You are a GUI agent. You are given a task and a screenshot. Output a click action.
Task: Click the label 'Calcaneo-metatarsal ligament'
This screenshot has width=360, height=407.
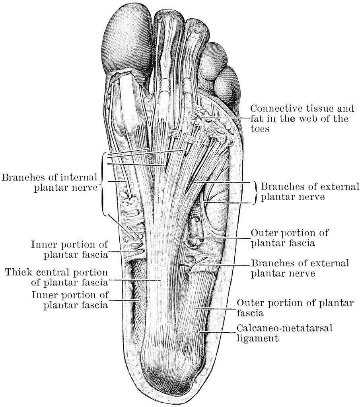click(x=284, y=333)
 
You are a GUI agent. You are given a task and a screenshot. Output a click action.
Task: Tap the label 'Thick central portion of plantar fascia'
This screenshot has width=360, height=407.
click(x=56, y=277)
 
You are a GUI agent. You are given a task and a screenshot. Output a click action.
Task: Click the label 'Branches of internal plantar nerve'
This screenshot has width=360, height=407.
click(x=49, y=182)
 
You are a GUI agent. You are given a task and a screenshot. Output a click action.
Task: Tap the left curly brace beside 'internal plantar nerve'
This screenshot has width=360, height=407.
click(x=104, y=184)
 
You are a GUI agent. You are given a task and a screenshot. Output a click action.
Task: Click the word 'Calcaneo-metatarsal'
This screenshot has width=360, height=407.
click(x=284, y=328)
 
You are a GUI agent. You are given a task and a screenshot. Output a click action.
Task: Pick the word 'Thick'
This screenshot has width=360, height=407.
click(x=17, y=272)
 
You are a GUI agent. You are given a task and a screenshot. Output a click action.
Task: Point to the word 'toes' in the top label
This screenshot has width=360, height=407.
click(x=260, y=128)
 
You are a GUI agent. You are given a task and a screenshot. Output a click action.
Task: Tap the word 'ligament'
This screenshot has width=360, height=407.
click(x=257, y=339)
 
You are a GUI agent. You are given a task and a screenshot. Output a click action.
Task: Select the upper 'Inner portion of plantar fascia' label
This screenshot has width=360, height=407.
click(x=69, y=250)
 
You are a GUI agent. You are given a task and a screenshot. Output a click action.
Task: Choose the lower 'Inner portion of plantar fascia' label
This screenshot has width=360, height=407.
click(x=70, y=300)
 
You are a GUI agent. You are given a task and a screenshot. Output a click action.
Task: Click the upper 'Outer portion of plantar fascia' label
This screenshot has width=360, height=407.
click(x=289, y=238)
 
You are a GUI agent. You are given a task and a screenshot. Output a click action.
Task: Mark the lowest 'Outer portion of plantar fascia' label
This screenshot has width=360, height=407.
click(x=295, y=308)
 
